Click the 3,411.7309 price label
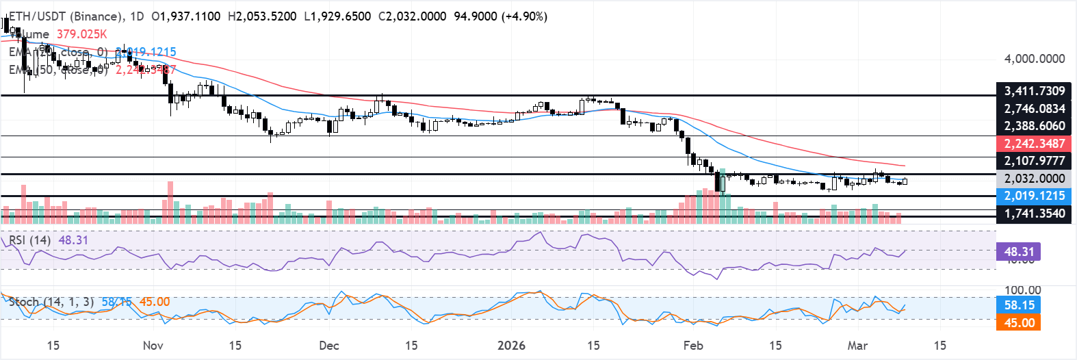[x=1034, y=91]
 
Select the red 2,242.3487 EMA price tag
[x=1034, y=144]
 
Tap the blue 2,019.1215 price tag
[x=1034, y=196]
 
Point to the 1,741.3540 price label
[x=1034, y=214]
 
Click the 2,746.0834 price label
[x=1034, y=109]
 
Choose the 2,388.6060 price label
[x=1034, y=126]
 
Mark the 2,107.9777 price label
[x=1034, y=161]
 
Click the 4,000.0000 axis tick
[x=1034, y=59]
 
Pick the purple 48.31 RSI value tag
[x=1019, y=252]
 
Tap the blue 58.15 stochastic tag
[x=1019, y=305]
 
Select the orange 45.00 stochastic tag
[x=1019, y=322]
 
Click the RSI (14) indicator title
[x=29, y=240]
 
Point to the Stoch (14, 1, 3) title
[x=51, y=302]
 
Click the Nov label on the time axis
[x=153, y=345]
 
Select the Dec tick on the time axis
[x=328, y=345]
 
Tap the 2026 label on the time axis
[x=511, y=345]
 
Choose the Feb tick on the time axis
[x=693, y=345]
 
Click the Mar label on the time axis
[x=857, y=345]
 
